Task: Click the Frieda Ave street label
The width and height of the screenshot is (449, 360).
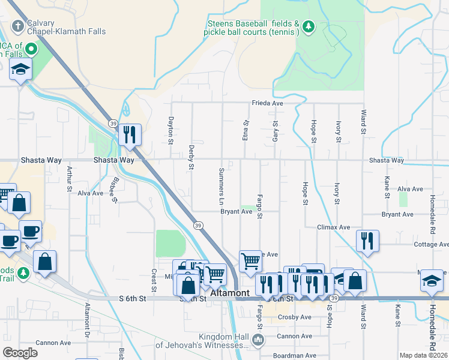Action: click(x=267, y=103)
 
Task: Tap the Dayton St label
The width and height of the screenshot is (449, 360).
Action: click(x=171, y=130)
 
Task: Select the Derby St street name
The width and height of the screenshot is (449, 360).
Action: click(x=191, y=157)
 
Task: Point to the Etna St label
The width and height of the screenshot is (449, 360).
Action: click(x=246, y=130)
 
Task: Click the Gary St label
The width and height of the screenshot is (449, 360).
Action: click(x=276, y=130)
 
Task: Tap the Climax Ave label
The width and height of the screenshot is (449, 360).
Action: click(x=334, y=227)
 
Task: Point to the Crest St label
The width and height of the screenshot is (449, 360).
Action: click(x=154, y=277)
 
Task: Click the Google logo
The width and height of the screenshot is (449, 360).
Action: click(x=20, y=353)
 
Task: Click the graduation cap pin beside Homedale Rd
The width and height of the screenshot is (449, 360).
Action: click(x=432, y=280)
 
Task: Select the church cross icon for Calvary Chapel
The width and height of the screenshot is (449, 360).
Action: click(x=18, y=26)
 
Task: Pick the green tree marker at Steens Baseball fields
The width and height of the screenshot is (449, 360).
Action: click(x=308, y=26)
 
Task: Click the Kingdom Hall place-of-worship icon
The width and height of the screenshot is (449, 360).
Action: click(x=258, y=340)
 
